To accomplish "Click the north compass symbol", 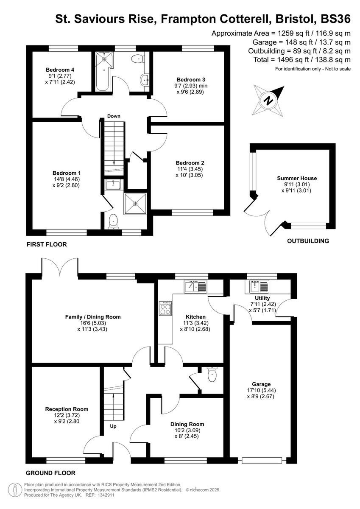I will pyautogui.click(x=268, y=100).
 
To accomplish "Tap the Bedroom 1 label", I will pyautogui.click(x=67, y=173).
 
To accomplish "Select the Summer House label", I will pyautogui.click(x=297, y=178).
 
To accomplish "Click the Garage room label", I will pyautogui.click(x=260, y=384).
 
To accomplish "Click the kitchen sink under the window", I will pyautogui.click(x=195, y=287).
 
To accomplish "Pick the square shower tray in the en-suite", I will pyautogui.click(x=136, y=204).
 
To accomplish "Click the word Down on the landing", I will pyautogui.click(x=114, y=116).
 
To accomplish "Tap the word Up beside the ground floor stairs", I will pyautogui.click(x=113, y=426).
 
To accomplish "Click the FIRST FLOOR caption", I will pyautogui.click(x=47, y=245).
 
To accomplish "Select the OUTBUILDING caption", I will pyautogui.click(x=308, y=241).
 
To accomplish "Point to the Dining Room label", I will pyautogui.click(x=187, y=424).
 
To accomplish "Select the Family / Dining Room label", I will pyautogui.click(x=93, y=317).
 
